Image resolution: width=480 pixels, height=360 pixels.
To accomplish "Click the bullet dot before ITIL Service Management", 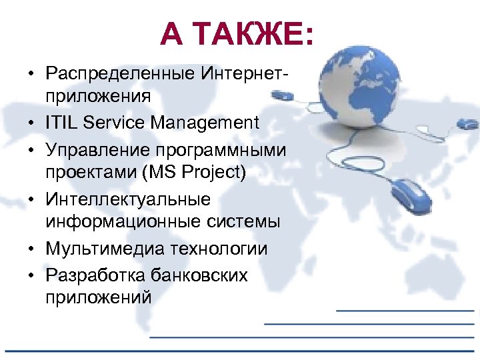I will click(32, 123).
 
